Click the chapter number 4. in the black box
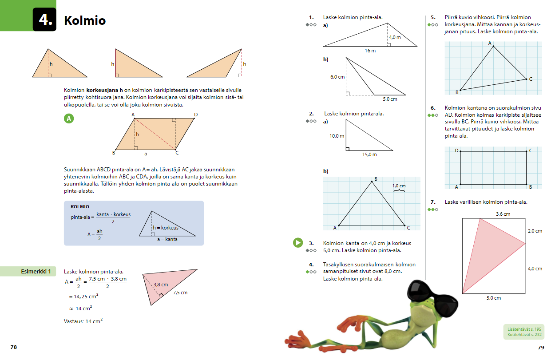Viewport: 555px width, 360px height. (46, 20)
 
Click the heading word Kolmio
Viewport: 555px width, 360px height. (85, 20)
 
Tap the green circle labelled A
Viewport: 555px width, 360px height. (69, 119)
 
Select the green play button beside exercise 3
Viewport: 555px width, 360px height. (298, 242)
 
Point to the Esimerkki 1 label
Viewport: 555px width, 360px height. (36, 272)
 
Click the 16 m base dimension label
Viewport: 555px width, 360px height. (370, 51)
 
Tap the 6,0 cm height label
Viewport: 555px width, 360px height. (337, 77)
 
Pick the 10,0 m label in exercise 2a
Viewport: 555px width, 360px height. (337, 136)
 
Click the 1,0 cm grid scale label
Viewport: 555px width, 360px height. (399, 186)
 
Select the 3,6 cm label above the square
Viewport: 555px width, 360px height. (503, 214)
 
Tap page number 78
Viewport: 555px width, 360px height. (14, 347)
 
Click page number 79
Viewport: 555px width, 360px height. (541, 348)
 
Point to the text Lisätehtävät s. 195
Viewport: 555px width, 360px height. (524, 329)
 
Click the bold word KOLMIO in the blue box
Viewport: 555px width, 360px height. (80, 207)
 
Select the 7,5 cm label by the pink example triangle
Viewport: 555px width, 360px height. (180, 293)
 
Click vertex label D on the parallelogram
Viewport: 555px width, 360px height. (196, 115)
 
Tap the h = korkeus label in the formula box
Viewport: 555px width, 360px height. (166, 228)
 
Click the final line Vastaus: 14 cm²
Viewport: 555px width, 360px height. (83, 321)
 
